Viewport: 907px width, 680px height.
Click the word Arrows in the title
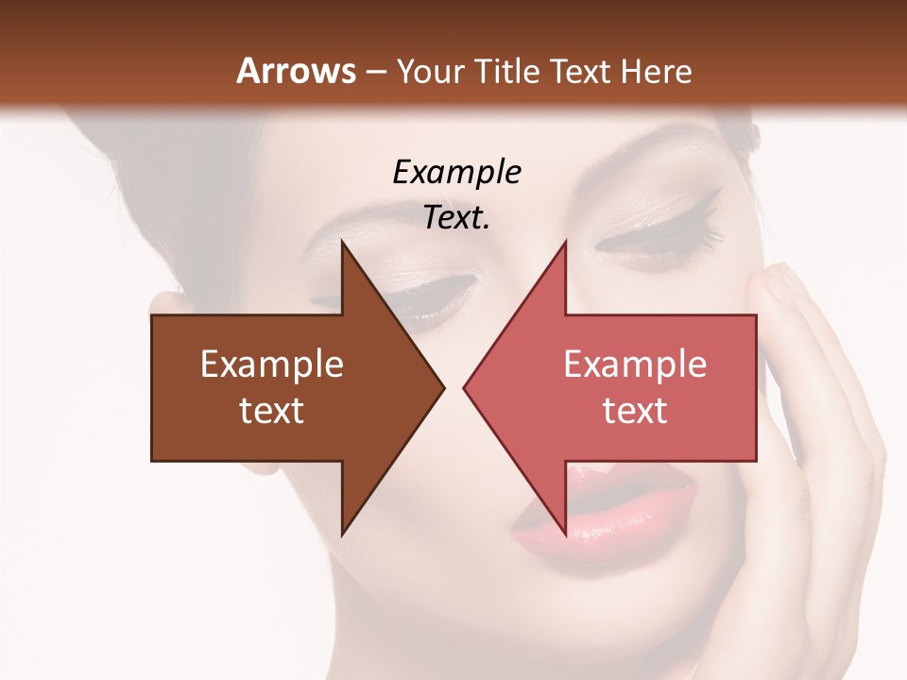[x=296, y=71]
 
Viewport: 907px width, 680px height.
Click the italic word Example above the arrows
[x=456, y=172]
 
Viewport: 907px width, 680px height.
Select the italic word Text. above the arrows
[x=456, y=217]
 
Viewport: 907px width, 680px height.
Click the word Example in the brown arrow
[x=272, y=365]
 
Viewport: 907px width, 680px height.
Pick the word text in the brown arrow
[x=272, y=410]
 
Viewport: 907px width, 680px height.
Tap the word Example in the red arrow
[x=635, y=365]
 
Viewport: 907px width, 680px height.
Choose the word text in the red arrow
[x=635, y=410]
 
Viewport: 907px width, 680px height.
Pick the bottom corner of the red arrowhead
[x=565, y=534]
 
